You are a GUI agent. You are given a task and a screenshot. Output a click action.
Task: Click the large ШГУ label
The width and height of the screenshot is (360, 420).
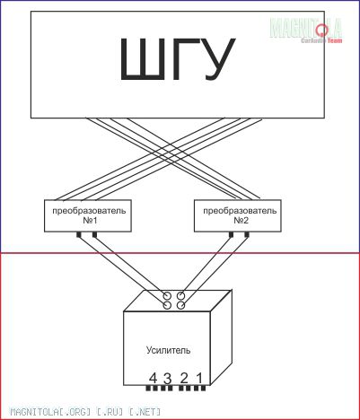pos(178,59)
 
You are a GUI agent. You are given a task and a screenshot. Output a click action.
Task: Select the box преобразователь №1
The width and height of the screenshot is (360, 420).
pos(88,215)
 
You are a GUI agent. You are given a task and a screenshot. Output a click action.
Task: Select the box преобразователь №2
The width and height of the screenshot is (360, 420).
pos(238,215)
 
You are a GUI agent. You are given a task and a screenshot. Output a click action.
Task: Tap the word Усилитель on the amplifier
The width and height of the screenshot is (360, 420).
pos(168,350)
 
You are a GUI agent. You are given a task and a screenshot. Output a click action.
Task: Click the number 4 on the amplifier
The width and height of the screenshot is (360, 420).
pos(153,379)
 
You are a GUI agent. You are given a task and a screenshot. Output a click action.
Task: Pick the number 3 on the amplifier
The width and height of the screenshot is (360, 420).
pos(168,379)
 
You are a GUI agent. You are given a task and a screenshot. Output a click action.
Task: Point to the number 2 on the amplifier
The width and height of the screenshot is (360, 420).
pos(184,379)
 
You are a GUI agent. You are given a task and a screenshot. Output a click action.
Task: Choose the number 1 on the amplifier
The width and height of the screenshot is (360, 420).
pos(199,379)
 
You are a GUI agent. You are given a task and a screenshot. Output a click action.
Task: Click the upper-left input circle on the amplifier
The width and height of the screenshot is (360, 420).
pos(167,296)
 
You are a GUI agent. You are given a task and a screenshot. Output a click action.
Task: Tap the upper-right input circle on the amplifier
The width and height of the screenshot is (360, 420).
pos(180,296)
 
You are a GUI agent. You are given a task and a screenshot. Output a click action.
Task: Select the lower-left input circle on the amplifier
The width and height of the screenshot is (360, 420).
pos(167,305)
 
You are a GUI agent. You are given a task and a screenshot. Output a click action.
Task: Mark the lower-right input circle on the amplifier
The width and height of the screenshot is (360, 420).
pos(180,305)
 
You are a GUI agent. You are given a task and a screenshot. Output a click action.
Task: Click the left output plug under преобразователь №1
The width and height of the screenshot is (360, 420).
pos(79,235)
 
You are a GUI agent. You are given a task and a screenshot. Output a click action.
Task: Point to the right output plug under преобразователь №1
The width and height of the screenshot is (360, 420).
pos(94,235)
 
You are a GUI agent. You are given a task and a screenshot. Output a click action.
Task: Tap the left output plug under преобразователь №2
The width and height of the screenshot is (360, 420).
pos(231,235)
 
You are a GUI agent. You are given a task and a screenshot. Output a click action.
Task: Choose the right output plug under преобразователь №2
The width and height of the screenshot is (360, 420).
pos(247,235)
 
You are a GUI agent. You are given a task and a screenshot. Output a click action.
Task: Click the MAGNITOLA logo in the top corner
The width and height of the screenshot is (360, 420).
pos(306,30)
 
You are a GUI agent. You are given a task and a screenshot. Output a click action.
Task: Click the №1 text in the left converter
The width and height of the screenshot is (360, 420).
pos(90,221)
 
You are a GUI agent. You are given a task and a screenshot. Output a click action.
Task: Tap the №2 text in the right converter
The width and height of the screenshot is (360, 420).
pos(241,221)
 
